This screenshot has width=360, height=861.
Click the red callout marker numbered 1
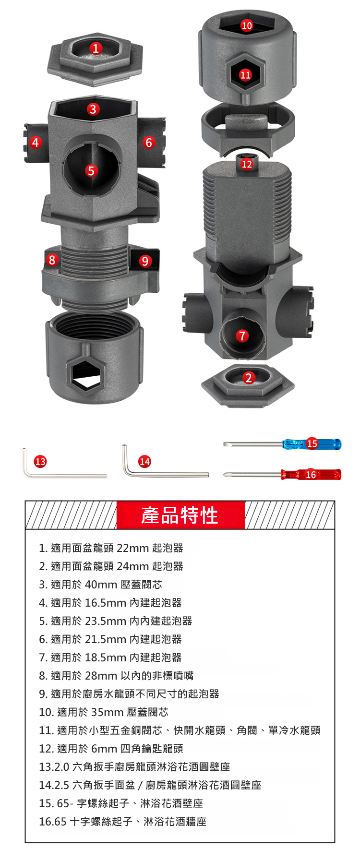point(96,48)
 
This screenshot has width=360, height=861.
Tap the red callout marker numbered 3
point(93,109)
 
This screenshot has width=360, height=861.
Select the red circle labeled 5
point(91,171)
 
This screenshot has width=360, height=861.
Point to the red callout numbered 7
point(242,335)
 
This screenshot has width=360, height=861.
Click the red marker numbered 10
point(247,25)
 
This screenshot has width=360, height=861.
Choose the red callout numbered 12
point(247,164)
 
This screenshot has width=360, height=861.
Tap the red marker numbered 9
point(145,261)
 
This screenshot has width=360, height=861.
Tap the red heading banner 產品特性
point(180,515)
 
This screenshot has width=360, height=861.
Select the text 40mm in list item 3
point(101,585)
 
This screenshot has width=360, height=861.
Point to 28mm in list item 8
point(101,676)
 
